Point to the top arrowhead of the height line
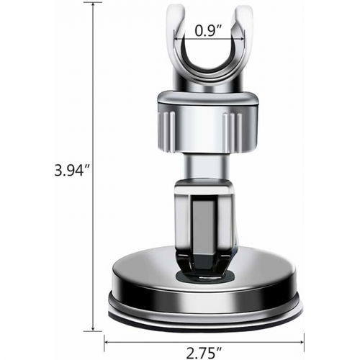click(x=94, y=6)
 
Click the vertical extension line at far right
click(x=303, y=317)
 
